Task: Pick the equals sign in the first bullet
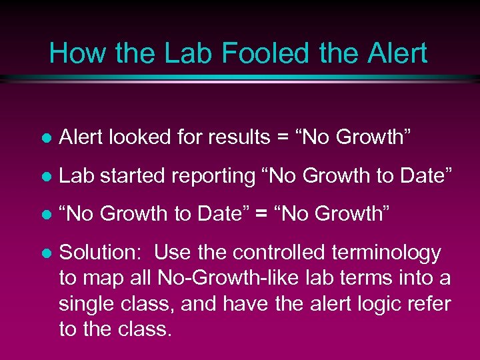pos(278,138)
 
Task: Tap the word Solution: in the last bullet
pos(101,253)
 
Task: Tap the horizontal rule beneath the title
pos(240,79)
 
